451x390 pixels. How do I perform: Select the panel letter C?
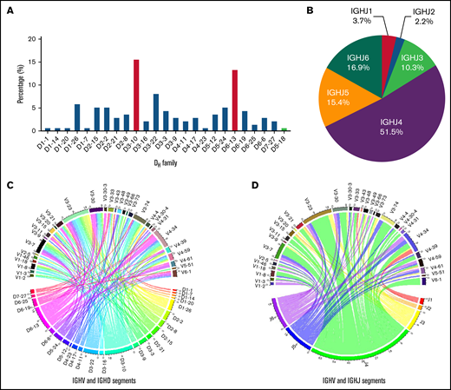(10, 184)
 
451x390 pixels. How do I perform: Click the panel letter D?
(232, 184)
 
